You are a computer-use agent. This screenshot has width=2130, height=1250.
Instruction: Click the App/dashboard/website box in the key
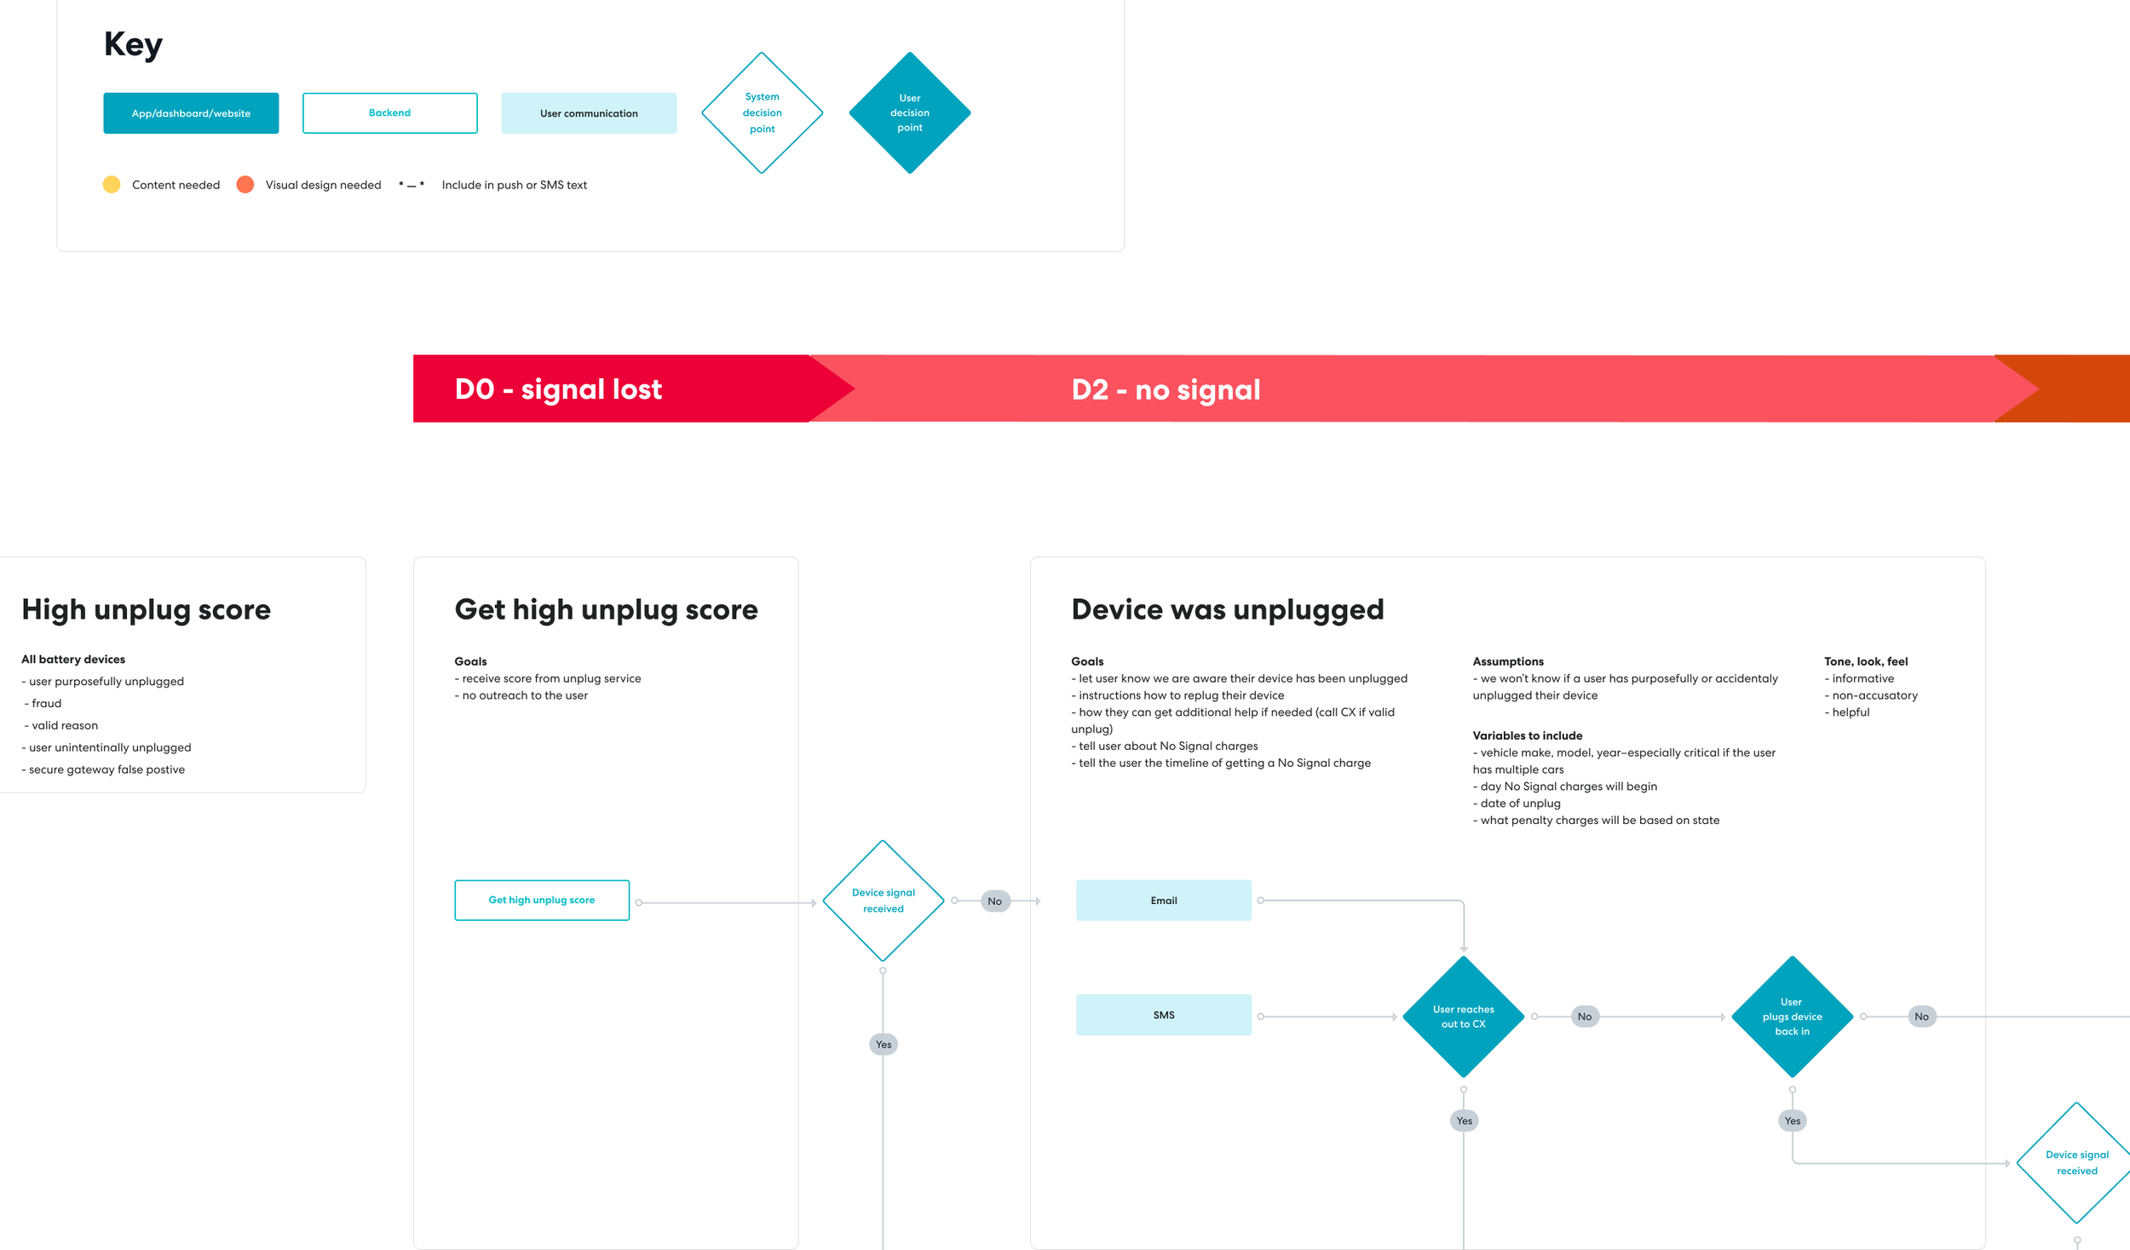(191, 113)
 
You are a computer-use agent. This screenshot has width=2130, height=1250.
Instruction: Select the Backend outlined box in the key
(389, 113)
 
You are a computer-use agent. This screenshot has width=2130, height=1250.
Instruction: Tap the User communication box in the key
(589, 113)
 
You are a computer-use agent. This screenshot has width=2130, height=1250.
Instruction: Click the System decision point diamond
(762, 112)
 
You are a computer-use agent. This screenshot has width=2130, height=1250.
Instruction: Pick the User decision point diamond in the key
(909, 112)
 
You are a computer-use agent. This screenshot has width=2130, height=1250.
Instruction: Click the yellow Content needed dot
(112, 185)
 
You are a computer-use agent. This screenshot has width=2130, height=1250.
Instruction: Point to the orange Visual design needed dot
(245, 185)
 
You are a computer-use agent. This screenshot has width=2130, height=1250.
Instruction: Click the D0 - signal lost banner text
(558, 389)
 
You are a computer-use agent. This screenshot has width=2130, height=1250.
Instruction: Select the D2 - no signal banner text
(1166, 389)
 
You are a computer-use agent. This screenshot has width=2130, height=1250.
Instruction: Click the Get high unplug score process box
(542, 900)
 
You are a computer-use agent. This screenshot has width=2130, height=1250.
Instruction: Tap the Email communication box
(1163, 900)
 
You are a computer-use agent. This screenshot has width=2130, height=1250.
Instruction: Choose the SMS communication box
(1163, 1015)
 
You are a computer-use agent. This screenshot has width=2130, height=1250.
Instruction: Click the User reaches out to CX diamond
(1463, 1017)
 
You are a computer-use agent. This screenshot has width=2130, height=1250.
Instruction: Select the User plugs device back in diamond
(1792, 1017)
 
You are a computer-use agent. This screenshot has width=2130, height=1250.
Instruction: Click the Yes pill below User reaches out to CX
(1464, 1120)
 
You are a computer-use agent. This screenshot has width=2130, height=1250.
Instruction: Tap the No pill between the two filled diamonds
(1584, 1017)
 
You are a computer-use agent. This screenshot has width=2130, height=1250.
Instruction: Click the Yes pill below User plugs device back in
(1793, 1120)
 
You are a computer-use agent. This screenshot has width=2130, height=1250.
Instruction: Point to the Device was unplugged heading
(1227, 609)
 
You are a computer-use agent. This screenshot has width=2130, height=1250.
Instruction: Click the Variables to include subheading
(1527, 735)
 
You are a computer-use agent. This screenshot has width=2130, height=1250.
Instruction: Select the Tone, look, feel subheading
(1866, 661)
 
